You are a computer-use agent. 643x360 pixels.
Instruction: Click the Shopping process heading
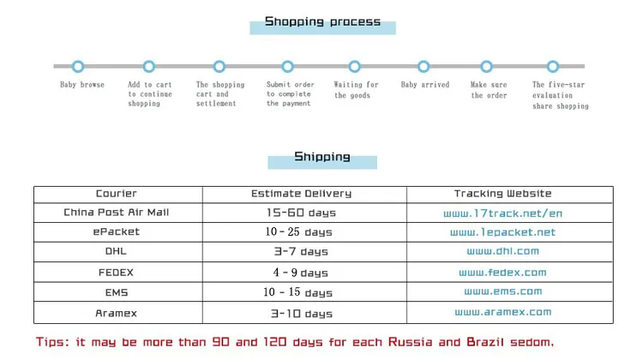click(x=322, y=21)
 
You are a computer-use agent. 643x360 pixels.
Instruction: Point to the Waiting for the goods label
click(x=356, y=90)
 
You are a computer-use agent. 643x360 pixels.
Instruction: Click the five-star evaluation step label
click(x=560, y=95)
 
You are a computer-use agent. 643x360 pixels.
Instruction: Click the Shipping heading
click(x=321, y=157)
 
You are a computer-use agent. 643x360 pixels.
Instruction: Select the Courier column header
click(x=116, y=194)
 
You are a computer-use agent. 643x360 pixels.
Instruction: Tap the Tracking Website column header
click(x=502, y=194)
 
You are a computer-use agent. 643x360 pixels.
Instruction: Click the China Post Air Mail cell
click(x=116, y=213)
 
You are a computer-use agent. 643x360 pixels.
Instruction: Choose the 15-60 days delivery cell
click(x=301, y=213)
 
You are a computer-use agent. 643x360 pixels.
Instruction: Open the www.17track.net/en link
click(x=502, y=213)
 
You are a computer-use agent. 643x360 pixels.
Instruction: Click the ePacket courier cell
click(x=116, y=231)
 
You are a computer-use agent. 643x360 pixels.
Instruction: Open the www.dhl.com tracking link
click(x=502, y=251)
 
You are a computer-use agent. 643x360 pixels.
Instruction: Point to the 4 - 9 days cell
click(x=301, y=273)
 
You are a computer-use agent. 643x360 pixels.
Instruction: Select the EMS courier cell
click(x=117, y=292)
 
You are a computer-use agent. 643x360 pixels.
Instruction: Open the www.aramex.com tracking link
click(x=502, y=312)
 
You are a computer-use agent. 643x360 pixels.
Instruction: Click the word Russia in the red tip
click(x=410, y=342)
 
